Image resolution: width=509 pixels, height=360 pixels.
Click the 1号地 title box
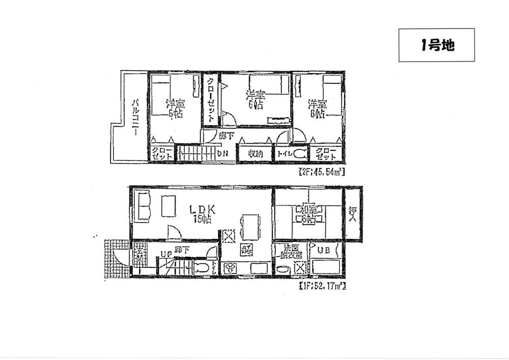[x=436, y=45]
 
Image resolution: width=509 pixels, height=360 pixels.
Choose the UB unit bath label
[x=324, y=251]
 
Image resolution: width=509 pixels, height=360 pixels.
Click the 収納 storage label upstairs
[x=256, y=154]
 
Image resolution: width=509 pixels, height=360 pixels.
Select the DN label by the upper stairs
[x=222, y=153]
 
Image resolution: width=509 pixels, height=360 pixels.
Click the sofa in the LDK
[x=142, y=206]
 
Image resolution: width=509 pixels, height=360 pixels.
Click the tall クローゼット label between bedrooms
[x=210, y=100]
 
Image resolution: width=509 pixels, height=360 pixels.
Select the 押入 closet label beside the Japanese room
[x=353, y=214]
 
